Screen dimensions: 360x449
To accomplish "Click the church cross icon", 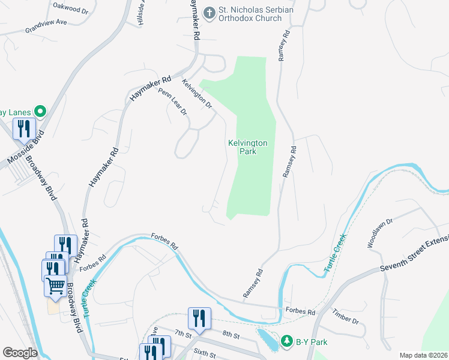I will tap(209, 13).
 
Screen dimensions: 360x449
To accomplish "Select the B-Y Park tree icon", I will tap(286, 341).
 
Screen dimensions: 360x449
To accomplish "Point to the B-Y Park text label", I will tap(312, 342).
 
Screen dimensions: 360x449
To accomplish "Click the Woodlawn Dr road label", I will tap(380, 233).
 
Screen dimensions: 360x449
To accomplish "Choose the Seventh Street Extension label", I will tap(415, 254).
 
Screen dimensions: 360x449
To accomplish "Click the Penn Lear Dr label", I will tap(173, 102).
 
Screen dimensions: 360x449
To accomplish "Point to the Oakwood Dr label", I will tap(70, 11).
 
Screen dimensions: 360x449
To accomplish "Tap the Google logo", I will tap(20, 352).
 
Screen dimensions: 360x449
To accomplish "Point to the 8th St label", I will tap(230, 335).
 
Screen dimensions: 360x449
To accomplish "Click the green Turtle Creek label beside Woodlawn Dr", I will tap(336, 254).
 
